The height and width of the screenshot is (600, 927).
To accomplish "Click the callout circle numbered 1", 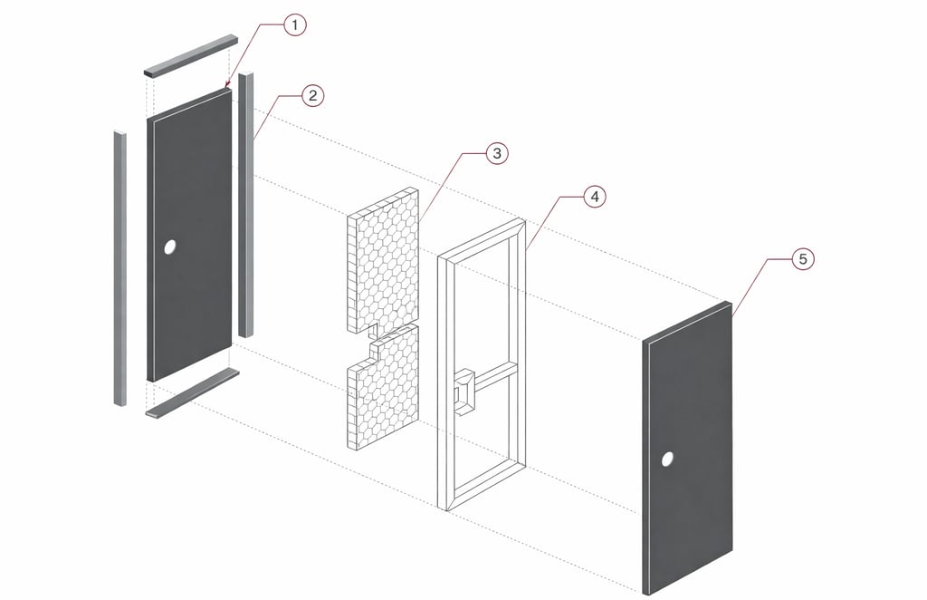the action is click(294, 25).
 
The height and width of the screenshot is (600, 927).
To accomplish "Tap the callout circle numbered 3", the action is click(495, 153).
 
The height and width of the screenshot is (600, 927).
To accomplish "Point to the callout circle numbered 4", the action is click(594, 196).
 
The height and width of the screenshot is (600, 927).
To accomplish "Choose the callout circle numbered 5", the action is click(802, 259).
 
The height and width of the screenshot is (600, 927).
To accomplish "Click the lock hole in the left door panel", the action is click(170, 247).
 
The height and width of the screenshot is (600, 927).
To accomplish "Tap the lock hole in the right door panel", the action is click(667, 460).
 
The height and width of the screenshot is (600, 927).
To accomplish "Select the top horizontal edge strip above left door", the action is click(190, 55).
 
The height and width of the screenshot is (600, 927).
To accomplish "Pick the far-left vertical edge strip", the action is click(119, 268).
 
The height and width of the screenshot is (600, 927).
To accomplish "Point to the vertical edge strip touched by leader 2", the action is click(245, 204).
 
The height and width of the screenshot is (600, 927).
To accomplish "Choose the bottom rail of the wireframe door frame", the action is click(483, 483).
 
